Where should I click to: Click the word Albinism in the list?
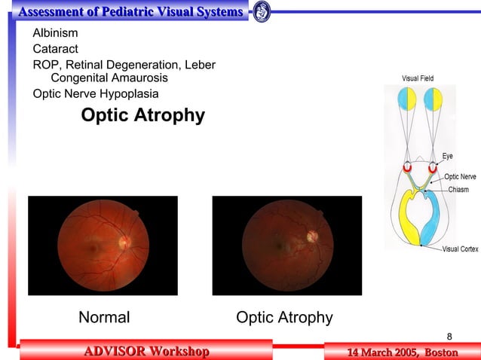(55, 33)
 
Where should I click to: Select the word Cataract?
(55, 49)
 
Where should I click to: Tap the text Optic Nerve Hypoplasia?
(96, 94)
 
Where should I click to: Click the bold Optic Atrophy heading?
(142, 116)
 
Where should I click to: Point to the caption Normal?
(104, 317)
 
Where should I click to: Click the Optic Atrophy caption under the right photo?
(284, 317)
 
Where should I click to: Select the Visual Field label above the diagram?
(418, 78)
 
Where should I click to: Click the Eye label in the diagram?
(447, 157)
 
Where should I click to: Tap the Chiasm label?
(458, 189)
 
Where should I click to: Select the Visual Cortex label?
(460, 249)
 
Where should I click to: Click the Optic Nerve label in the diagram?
(460, 176)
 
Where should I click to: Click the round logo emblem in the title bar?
(261, 11)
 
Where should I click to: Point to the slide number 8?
(450, 335)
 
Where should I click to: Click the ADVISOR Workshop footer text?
(146, 351)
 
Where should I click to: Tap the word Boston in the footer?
(441, 352)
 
